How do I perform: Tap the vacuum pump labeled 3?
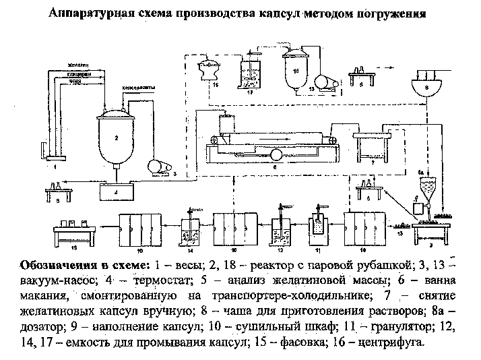[x=160, y=168]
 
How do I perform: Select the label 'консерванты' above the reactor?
[x=139, y=88]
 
